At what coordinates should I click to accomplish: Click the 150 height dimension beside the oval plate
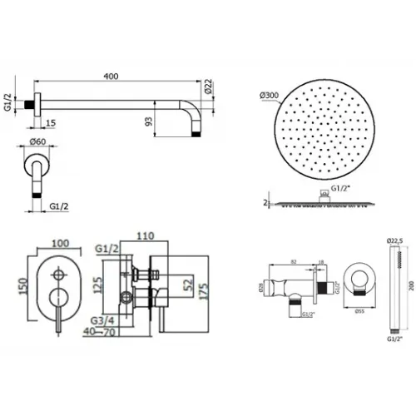11,287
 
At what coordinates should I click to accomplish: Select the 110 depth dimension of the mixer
149,236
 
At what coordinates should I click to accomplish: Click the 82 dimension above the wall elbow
295,261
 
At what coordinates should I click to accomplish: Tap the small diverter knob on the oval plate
58,273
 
